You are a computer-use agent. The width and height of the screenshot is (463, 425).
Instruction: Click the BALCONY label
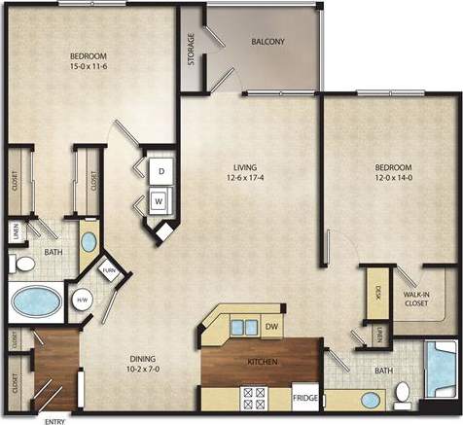(267, 41)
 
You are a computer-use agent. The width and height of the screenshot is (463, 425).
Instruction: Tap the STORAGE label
(191, 50)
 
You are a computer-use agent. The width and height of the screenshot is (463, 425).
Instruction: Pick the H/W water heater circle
(83, 300)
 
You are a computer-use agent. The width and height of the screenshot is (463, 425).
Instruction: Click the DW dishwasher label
(271, 327)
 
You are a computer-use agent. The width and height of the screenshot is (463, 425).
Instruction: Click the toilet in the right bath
(402, 394)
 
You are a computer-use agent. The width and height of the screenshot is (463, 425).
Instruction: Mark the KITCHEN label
(263, 362)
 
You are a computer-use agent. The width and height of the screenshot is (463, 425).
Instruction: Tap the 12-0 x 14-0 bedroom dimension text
(395, 178)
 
